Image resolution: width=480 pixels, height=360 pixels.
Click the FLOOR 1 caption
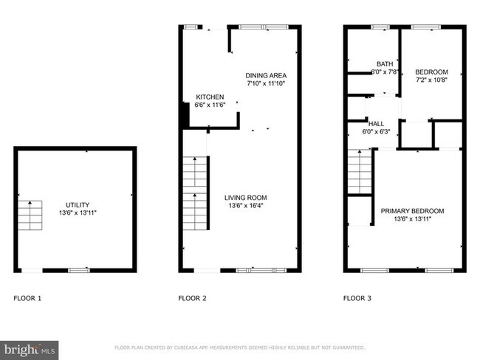pos(28,299)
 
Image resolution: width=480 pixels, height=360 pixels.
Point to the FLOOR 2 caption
pos(192,299)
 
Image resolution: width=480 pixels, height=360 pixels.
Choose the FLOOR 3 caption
pos(357,299)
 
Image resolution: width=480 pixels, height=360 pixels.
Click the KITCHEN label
pos(210,97)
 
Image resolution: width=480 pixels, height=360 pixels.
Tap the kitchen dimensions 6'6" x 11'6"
pos(210,105)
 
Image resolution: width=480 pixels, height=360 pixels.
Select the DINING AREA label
pos(266,75)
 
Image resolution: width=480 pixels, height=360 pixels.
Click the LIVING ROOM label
pos(246,197)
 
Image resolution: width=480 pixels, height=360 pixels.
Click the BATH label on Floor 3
pos(385,63)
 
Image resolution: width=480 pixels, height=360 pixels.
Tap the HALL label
pos(376,123)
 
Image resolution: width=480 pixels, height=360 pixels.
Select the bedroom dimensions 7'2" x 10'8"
pos(432,80)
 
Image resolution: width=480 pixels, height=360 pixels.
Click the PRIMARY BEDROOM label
pos(412,211)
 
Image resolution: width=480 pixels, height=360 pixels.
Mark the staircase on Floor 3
pos(359,173)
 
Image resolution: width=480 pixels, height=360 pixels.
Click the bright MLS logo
pos(30,348)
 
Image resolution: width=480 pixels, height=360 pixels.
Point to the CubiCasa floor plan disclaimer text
pos(240,347)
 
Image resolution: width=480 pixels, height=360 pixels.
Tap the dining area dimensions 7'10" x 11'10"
pos(266,83)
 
